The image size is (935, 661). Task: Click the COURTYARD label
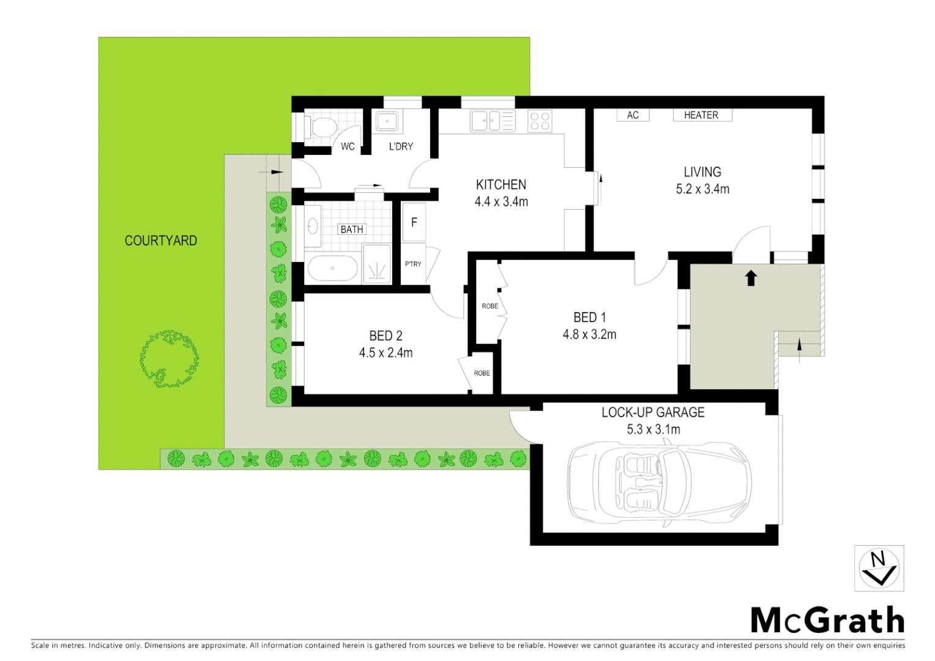pyautogui.click(x=161, y=241)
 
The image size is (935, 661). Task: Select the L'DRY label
pyautogui.click(x=401, y=146)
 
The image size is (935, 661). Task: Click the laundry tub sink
pyautogui.click(x=387, y=121)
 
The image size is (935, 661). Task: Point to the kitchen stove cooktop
pyautogui.click(x=540, y=121)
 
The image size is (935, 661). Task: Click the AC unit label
pyautogui.click(x=633, y=115)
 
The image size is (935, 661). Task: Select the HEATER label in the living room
pyautogui.click(x=701, y=115)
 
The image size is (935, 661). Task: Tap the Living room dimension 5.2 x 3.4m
pyautogui.click(x=702, y=189)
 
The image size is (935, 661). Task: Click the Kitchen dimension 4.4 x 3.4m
pyautogui.click(x=501, y=201)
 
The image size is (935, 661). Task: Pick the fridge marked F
pyautogui.click(x=414, y=223)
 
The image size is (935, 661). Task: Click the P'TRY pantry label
pyautogui.click(x=413, y=264)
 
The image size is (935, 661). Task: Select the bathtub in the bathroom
pyautogui.click(x=332, y=268)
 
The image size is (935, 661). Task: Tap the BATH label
pyautogui.click(x=352, y=230)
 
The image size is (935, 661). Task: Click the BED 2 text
pyautogui.click(x=386, y=336)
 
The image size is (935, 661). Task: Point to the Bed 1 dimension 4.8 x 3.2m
pyautogui.click(x=589, y=334)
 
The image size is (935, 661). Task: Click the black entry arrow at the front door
pyautogui.click(x=751, y=278)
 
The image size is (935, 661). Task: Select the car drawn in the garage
pyautogui.click(x=659, y=483)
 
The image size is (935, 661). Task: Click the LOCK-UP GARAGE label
pyautogui.click(x=653, y=413)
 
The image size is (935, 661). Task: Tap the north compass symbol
pyautogui.click(x=879, y=569)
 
